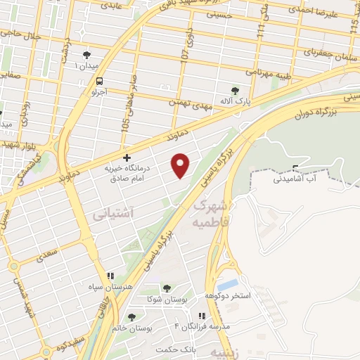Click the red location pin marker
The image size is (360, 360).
click(181, 165)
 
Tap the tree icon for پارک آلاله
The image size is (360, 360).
click(236, 90)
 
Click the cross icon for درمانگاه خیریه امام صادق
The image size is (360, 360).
click(127, 157)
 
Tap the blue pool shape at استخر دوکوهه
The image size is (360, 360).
click(227, 285)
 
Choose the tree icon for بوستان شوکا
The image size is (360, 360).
click(167, 288)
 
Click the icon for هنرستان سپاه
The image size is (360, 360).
click(110, 276)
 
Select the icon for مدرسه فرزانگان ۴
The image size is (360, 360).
click(202, 316)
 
